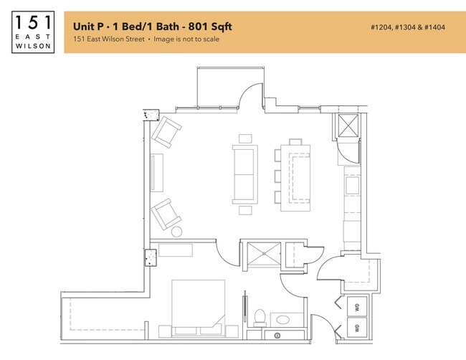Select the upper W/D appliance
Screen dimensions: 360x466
tap(356, 308)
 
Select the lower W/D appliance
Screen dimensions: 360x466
tap(356, 328)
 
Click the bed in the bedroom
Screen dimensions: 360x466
tap(198, 305)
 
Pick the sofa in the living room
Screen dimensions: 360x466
tap(244, 174)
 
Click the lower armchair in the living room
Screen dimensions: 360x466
tap(166, 213)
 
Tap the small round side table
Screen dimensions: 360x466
tap(177, 232)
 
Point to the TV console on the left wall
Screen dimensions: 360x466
tap(157, 173)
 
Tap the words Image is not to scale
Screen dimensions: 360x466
tap(186, 39)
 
